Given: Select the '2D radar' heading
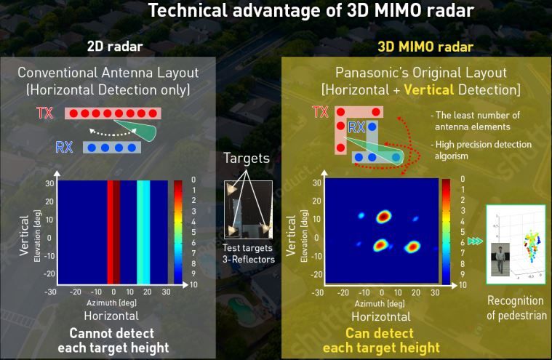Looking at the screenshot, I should (114, 47).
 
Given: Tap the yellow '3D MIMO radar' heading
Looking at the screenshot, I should (425, 47).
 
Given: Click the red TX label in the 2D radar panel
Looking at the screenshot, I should (44, 113).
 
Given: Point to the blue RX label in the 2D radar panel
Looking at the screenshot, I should (65, 148).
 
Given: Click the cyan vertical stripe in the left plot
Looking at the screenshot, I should (143, 231).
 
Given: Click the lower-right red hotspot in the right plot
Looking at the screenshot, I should (412, 246).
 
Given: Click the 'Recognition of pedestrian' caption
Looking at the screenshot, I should (515, 308).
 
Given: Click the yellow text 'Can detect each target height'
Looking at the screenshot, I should (383, 340).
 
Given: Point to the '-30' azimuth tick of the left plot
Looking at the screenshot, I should (50, 291).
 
